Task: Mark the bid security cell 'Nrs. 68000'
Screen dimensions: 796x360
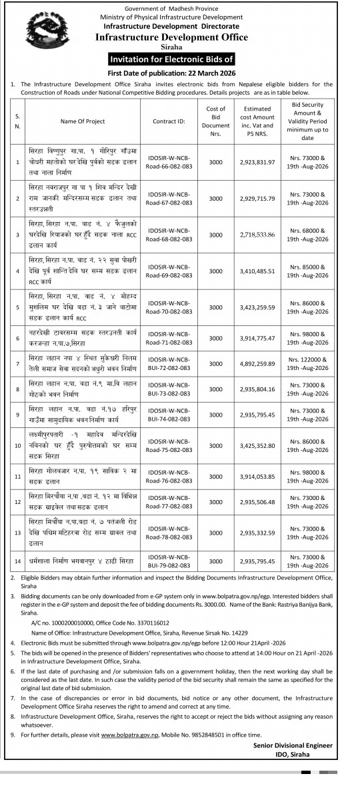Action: (307, 231)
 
